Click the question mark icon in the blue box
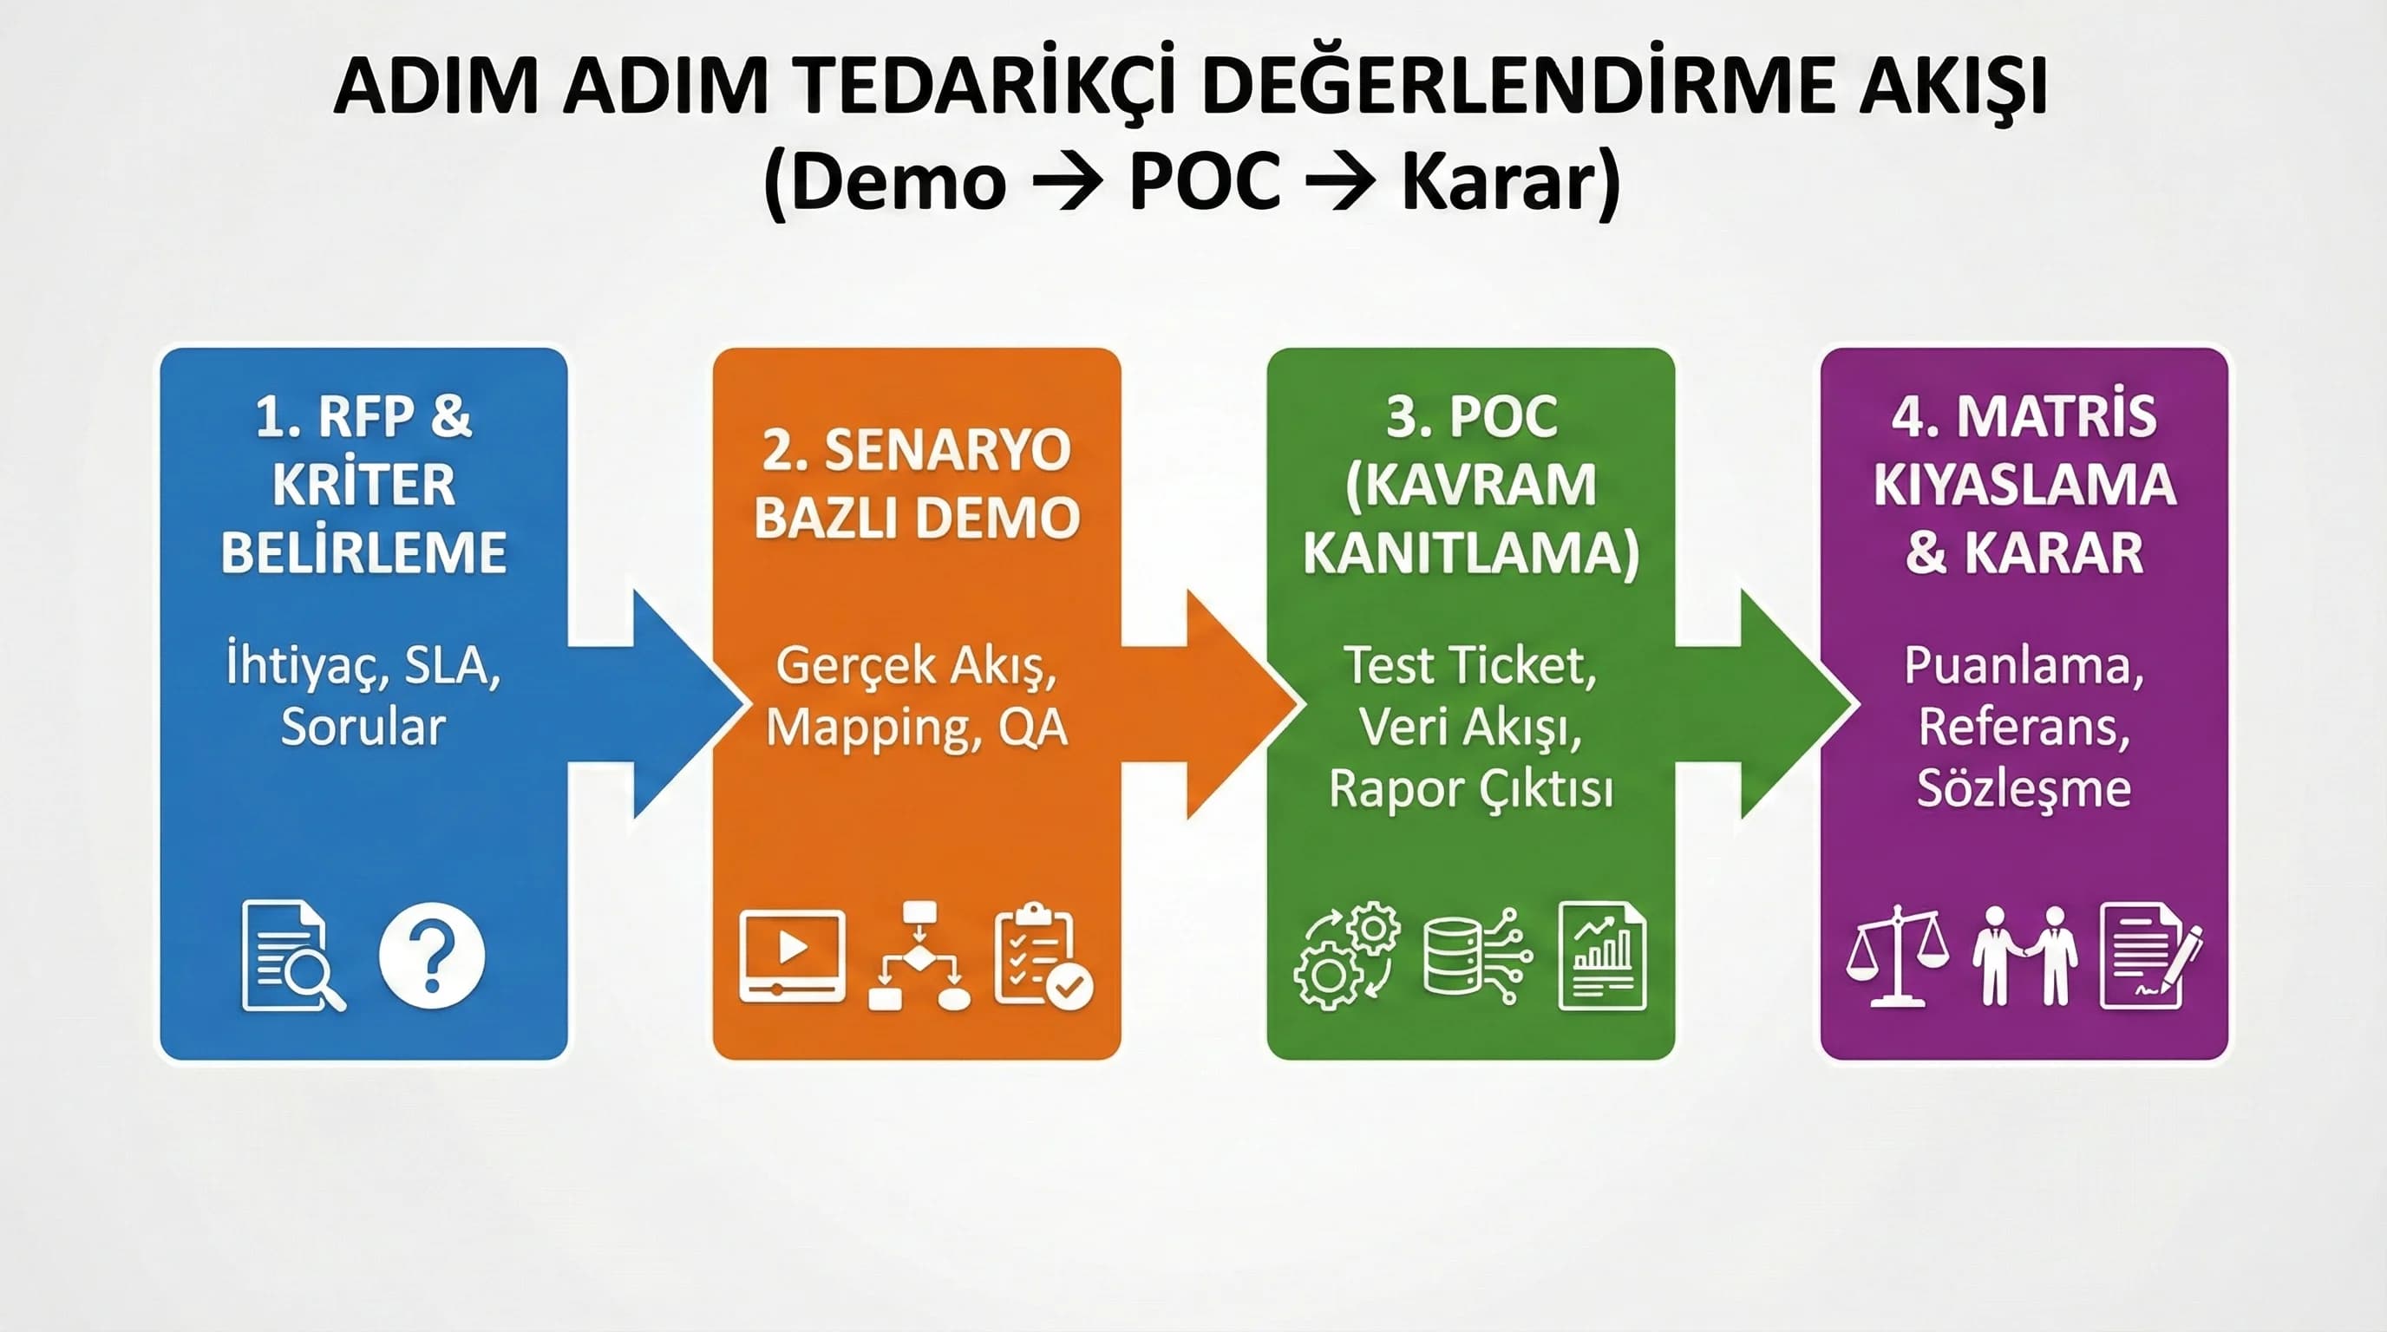[431, 955]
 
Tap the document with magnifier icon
[291, 955]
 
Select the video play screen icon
[792, 955]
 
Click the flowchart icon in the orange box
[919, 955]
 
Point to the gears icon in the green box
[1345, 955]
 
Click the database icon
[1475, 955]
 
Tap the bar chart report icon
[1602, 955]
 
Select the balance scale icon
[1897, 955]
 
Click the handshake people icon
[2024, 955]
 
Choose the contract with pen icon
[2150, 955]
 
